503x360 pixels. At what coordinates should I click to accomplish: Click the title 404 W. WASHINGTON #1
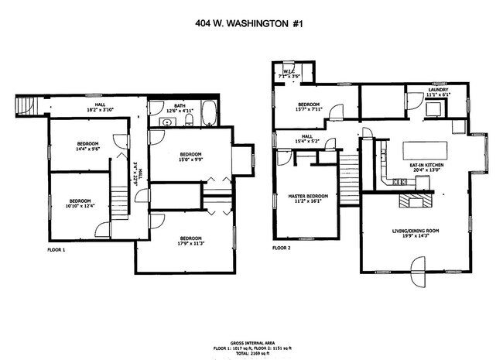click(251, 24)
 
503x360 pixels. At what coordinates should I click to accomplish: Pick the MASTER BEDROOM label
click(307, 197)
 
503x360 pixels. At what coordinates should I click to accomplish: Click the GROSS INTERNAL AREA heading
click(251, 341)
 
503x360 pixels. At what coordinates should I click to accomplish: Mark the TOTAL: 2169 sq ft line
click(251, 352)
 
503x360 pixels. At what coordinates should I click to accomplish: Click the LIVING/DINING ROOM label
click(419, 230)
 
